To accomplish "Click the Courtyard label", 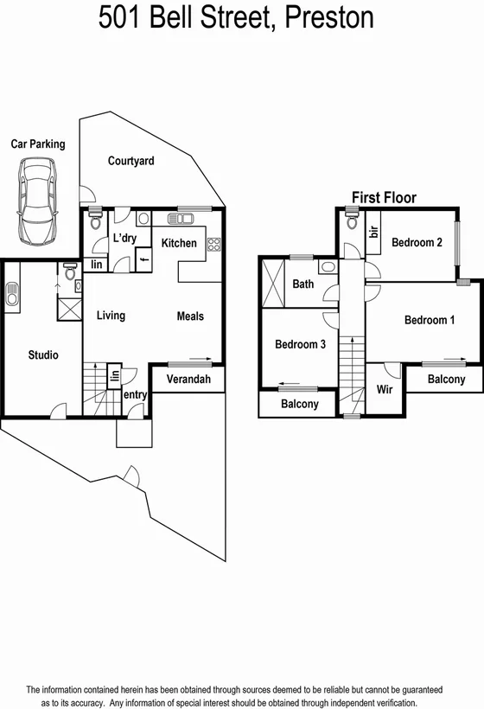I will pyautogui.click(x=131, y=161).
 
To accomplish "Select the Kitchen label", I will pyautogui.click(x=180, y=243).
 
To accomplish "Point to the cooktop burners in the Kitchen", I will pyautogui.click(x=213, y=244).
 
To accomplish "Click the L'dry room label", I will pyautogui.click(x=126, y=239).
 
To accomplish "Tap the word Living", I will pyautogui.click(x=111, y=316).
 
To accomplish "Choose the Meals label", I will pyautogui.click(x=190, y=316).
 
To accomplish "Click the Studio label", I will pyautogui.click(x=43, y=354).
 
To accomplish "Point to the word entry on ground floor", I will pyautogui.click(x=135, y=395).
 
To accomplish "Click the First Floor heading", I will pyautogui.click(x=384, y=198).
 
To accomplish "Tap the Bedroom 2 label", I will pyautogui.click(x=417, y=243).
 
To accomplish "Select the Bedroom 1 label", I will pyautogui.click(x=430, y=321).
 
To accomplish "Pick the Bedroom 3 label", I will pyautogui.click(x=300, y=344).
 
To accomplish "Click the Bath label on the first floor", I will pyautogui.click(x=303, y=284).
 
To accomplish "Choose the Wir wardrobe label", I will pyautogui.click(x=385, y=390).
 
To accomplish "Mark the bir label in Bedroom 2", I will pyautogui.click(x=374, y=233).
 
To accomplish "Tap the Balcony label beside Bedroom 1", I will pyautogui.click(x=446, y=379).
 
